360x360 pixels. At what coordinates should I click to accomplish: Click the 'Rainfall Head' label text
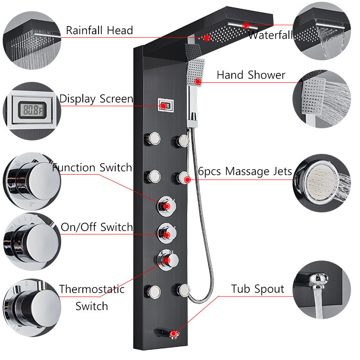coord(99,30)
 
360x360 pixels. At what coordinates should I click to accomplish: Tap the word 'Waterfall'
coord(271,35)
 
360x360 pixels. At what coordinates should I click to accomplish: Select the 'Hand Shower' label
coord(251,75)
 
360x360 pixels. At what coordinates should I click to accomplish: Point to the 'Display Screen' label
coord(96,99)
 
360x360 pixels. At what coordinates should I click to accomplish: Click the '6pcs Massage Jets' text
coord(245,171)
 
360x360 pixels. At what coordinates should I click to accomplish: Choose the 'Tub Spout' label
coord(257,289)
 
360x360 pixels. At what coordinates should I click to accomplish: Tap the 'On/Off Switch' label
coord(97,227)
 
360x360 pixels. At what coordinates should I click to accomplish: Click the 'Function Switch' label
coord(92,167)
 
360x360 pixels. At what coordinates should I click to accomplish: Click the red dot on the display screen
coord(163,106)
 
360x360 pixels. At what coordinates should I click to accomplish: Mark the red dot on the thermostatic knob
coord(167,261)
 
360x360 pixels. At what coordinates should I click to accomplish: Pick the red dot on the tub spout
coord(174,333)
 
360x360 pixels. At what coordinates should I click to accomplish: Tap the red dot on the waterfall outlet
coord(246,25)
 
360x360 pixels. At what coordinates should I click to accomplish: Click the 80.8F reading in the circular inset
coord(33,110)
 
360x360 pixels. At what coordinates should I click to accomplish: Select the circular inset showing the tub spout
coord(322,290)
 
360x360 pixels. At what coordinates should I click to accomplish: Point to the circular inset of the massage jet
coord(322,183)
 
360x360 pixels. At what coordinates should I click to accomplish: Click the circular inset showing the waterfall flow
coord(322,31)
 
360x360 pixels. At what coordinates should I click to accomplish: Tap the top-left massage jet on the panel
coord(153,139)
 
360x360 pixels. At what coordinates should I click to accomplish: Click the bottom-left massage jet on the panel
coord(153,292)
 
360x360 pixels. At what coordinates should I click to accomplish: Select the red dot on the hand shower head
coord(198,81)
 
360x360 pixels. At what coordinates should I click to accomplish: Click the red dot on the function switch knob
coord(167,206)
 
